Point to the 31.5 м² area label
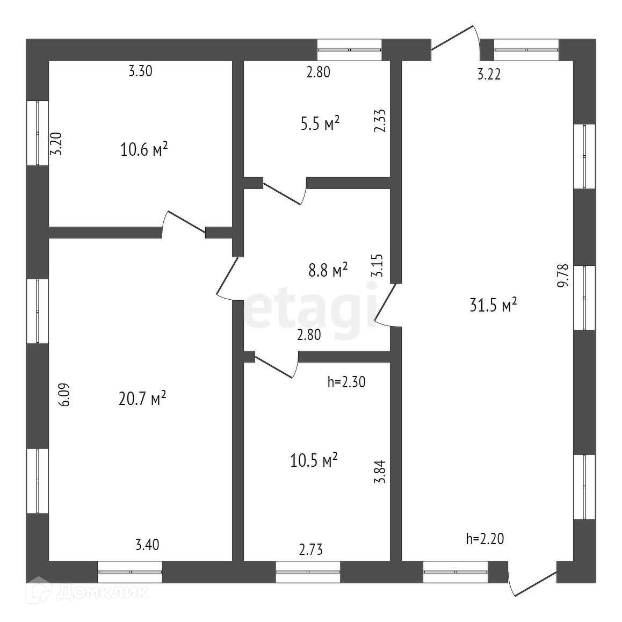tap(493, 306)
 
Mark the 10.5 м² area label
tap(314, 460)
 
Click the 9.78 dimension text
tap(562, 277)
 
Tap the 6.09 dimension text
tap(64, 395)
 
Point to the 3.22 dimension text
tap(489, 75)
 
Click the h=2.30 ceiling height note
tap(346, 382)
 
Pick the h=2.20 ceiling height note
tap(485, 539)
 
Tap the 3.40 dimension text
tap(147, 545)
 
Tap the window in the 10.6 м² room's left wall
tap(38, 133)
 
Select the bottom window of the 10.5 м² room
tap(308, 572)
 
